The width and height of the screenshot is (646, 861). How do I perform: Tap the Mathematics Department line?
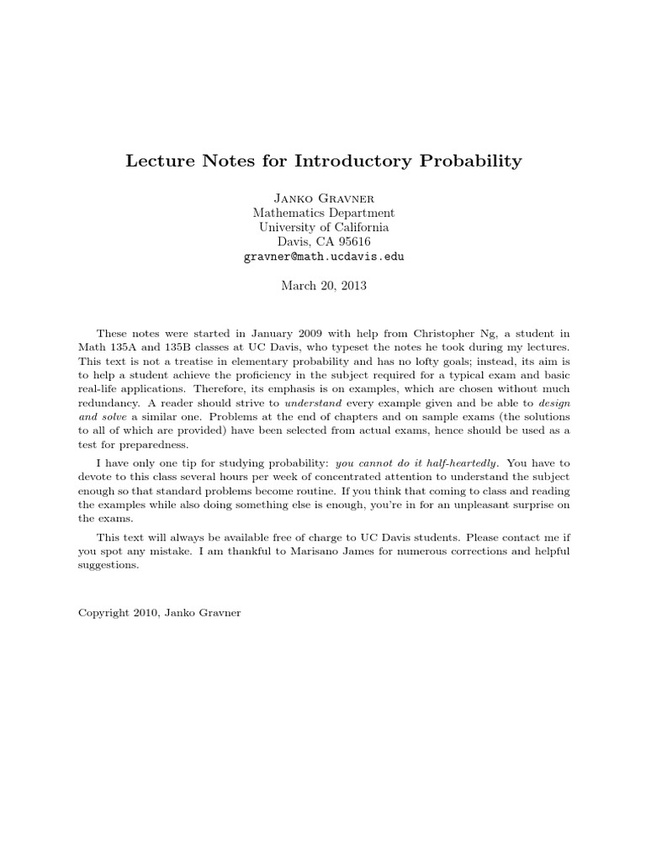pos(323,214)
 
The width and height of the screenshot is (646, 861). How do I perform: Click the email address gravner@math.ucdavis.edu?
pos(323,256)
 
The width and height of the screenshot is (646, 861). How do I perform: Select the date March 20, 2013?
pos(323,285)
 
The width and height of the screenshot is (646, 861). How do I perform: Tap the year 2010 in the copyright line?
pos(147,614)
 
